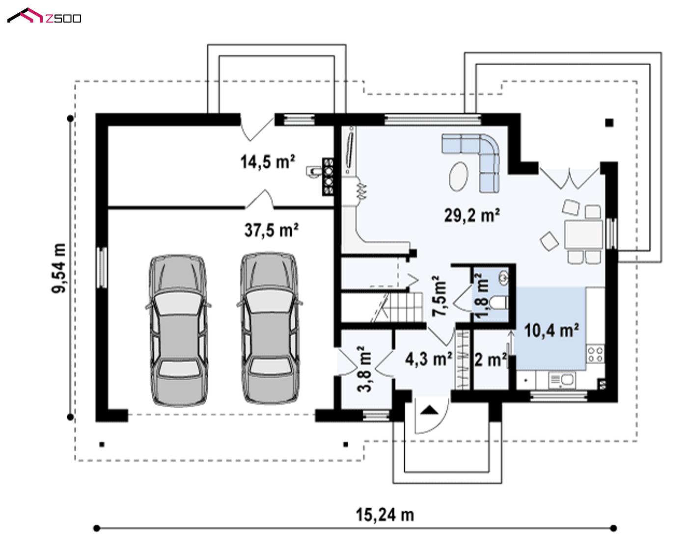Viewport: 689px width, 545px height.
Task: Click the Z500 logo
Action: click(44, 16)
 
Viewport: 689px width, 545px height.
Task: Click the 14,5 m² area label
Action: click(267, 161)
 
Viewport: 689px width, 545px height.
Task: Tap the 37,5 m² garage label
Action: click(271, 230)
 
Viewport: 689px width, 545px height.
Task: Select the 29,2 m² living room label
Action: click(472, 215)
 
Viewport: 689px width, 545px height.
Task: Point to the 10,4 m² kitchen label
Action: click(551, 331)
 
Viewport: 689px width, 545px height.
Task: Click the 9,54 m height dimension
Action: click(59, 268)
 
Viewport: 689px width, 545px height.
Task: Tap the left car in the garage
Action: click(178, 331)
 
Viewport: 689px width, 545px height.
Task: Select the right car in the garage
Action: click(270, 329)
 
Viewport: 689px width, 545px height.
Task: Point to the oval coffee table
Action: click(459, 176)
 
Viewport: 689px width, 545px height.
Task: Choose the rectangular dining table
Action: click(583, 234)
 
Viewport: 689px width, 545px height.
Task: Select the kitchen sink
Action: click(562, 380)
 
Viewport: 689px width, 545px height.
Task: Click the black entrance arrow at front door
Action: click(429, 411)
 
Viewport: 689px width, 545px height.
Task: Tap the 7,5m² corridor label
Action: click(439, 296)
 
